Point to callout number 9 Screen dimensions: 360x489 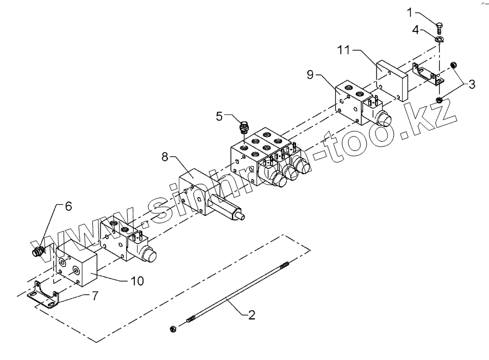click(310, 74)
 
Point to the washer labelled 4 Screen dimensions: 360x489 click(439, 39)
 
